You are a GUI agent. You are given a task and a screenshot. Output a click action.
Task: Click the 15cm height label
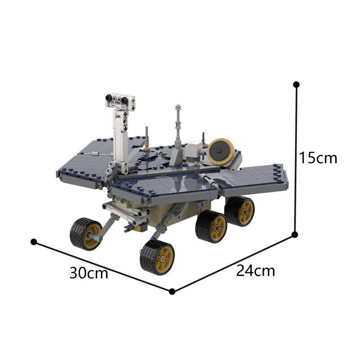tap(318, 158)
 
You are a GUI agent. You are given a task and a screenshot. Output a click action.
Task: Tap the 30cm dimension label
tap(89, 273)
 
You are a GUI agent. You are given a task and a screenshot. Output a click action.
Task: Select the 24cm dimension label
tap(256, 271)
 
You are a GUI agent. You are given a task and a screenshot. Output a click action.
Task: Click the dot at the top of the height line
tap(296, 85)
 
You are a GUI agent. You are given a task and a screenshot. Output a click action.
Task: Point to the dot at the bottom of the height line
tap(295, 234)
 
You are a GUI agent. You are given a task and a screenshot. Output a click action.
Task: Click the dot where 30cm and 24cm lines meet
tap(172, 292)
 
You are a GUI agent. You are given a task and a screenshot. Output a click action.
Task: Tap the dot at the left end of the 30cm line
tap(34, 242)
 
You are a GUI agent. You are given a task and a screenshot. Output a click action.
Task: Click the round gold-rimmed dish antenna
tap(220, 152)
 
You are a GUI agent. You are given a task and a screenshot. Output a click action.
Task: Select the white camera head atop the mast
tap(120, 102)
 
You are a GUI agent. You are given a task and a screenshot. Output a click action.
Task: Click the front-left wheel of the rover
tap(86, 234)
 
